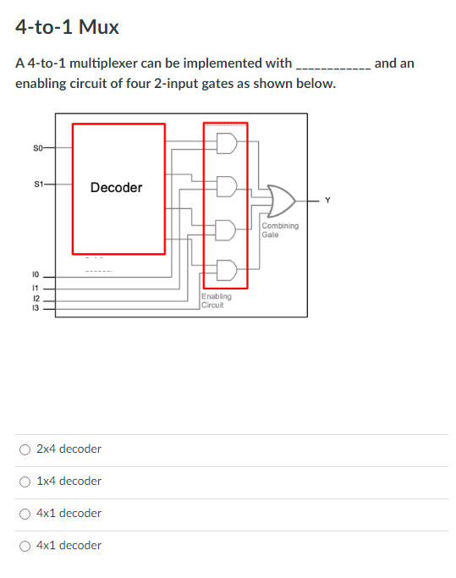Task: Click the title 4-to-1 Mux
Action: (x=67, y=27)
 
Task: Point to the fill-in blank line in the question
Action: (x=331, y=64)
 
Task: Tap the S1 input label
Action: (x=37, y=183)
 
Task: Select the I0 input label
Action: (x=36, y=276)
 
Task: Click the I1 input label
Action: (x=36, y=288)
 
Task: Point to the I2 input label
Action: (x=36, y=298)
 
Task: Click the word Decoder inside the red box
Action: (x=116, y=187)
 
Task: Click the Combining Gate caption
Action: (x=279, y=230)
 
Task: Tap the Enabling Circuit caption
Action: (x=217, y=300)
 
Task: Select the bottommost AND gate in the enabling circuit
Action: (x=227, y=270)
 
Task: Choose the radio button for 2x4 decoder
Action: (x=25, y=449)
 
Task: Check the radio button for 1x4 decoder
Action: (x=25, y=481)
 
